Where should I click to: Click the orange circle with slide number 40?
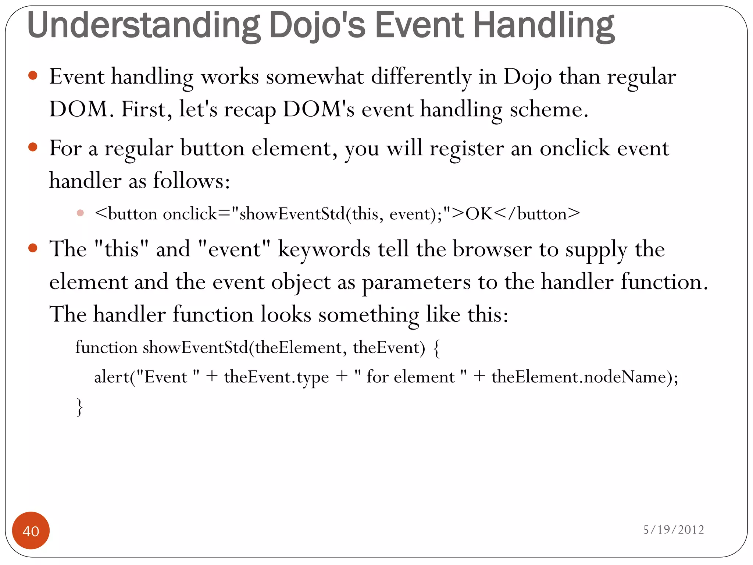(31, 530)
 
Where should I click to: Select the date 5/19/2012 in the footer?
(673, 529)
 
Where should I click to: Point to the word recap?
(250, 110)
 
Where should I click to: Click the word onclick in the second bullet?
(575, 149)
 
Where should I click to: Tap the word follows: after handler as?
(191, 181)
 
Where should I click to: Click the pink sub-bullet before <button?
(81, 213)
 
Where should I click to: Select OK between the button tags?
(479, 214)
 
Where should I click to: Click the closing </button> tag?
(537, 214)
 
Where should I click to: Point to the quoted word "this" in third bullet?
(122, 249)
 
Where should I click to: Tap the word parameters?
(416, 282)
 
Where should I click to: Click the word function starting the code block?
(106, 348)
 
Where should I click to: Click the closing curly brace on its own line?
(79, 407)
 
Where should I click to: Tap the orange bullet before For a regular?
(33, 147)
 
